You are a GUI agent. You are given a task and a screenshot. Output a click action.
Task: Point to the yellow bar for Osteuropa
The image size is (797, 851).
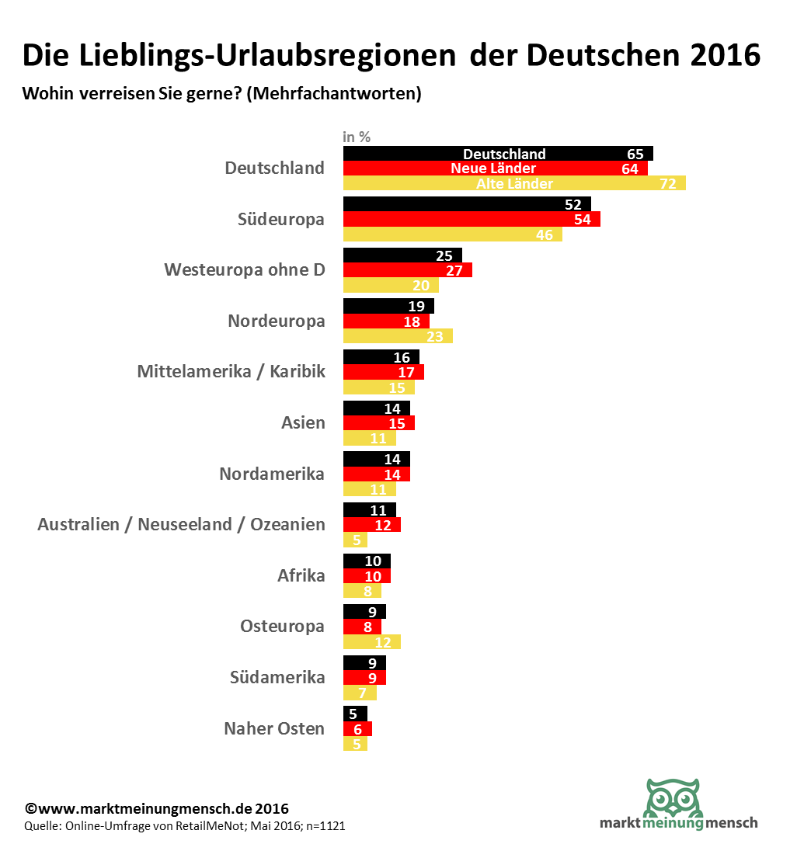pyautogui.click(x=371, y=642)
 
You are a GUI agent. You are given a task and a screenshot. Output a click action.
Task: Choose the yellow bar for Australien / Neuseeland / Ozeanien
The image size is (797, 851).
pyautogui.click(x=355, y=540)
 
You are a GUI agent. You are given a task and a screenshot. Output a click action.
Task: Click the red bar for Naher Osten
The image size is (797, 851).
pyautogui.click(x=357, y=728)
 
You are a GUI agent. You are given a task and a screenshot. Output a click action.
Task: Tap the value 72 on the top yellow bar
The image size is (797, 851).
pyautogui.click(x=668, y=184)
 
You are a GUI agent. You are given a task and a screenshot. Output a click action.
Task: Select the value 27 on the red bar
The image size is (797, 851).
pyautogui.click(x=454, y=270)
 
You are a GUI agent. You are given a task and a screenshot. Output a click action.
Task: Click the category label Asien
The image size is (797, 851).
pyautogui.click(x=303, y=423)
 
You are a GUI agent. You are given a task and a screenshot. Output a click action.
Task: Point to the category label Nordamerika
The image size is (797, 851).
pyautogui.click(x=272, y=474)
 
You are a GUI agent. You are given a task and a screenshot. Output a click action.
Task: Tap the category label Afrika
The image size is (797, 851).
pyautogui.click(x=301, y=575)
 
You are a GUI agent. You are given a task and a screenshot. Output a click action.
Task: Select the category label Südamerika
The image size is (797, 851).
pyautogui.click(x=277, y=677)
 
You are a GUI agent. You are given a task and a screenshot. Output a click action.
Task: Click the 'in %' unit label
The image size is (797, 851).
pyautogui.click(x=357, y=137)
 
